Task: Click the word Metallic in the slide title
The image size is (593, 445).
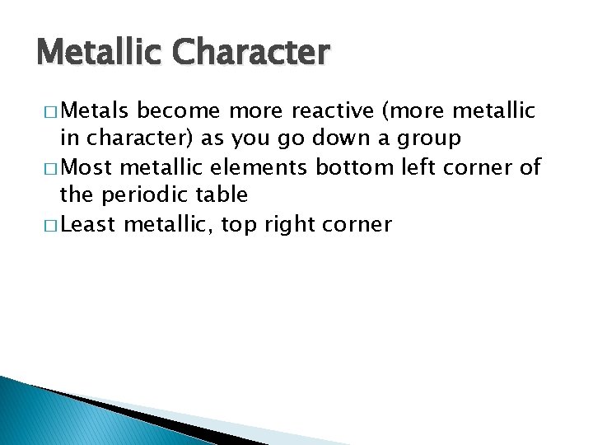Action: (x=100, y=53)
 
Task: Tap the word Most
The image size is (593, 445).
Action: (x=87, y=167)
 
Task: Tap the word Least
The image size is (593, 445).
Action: (x=89, y=223)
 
